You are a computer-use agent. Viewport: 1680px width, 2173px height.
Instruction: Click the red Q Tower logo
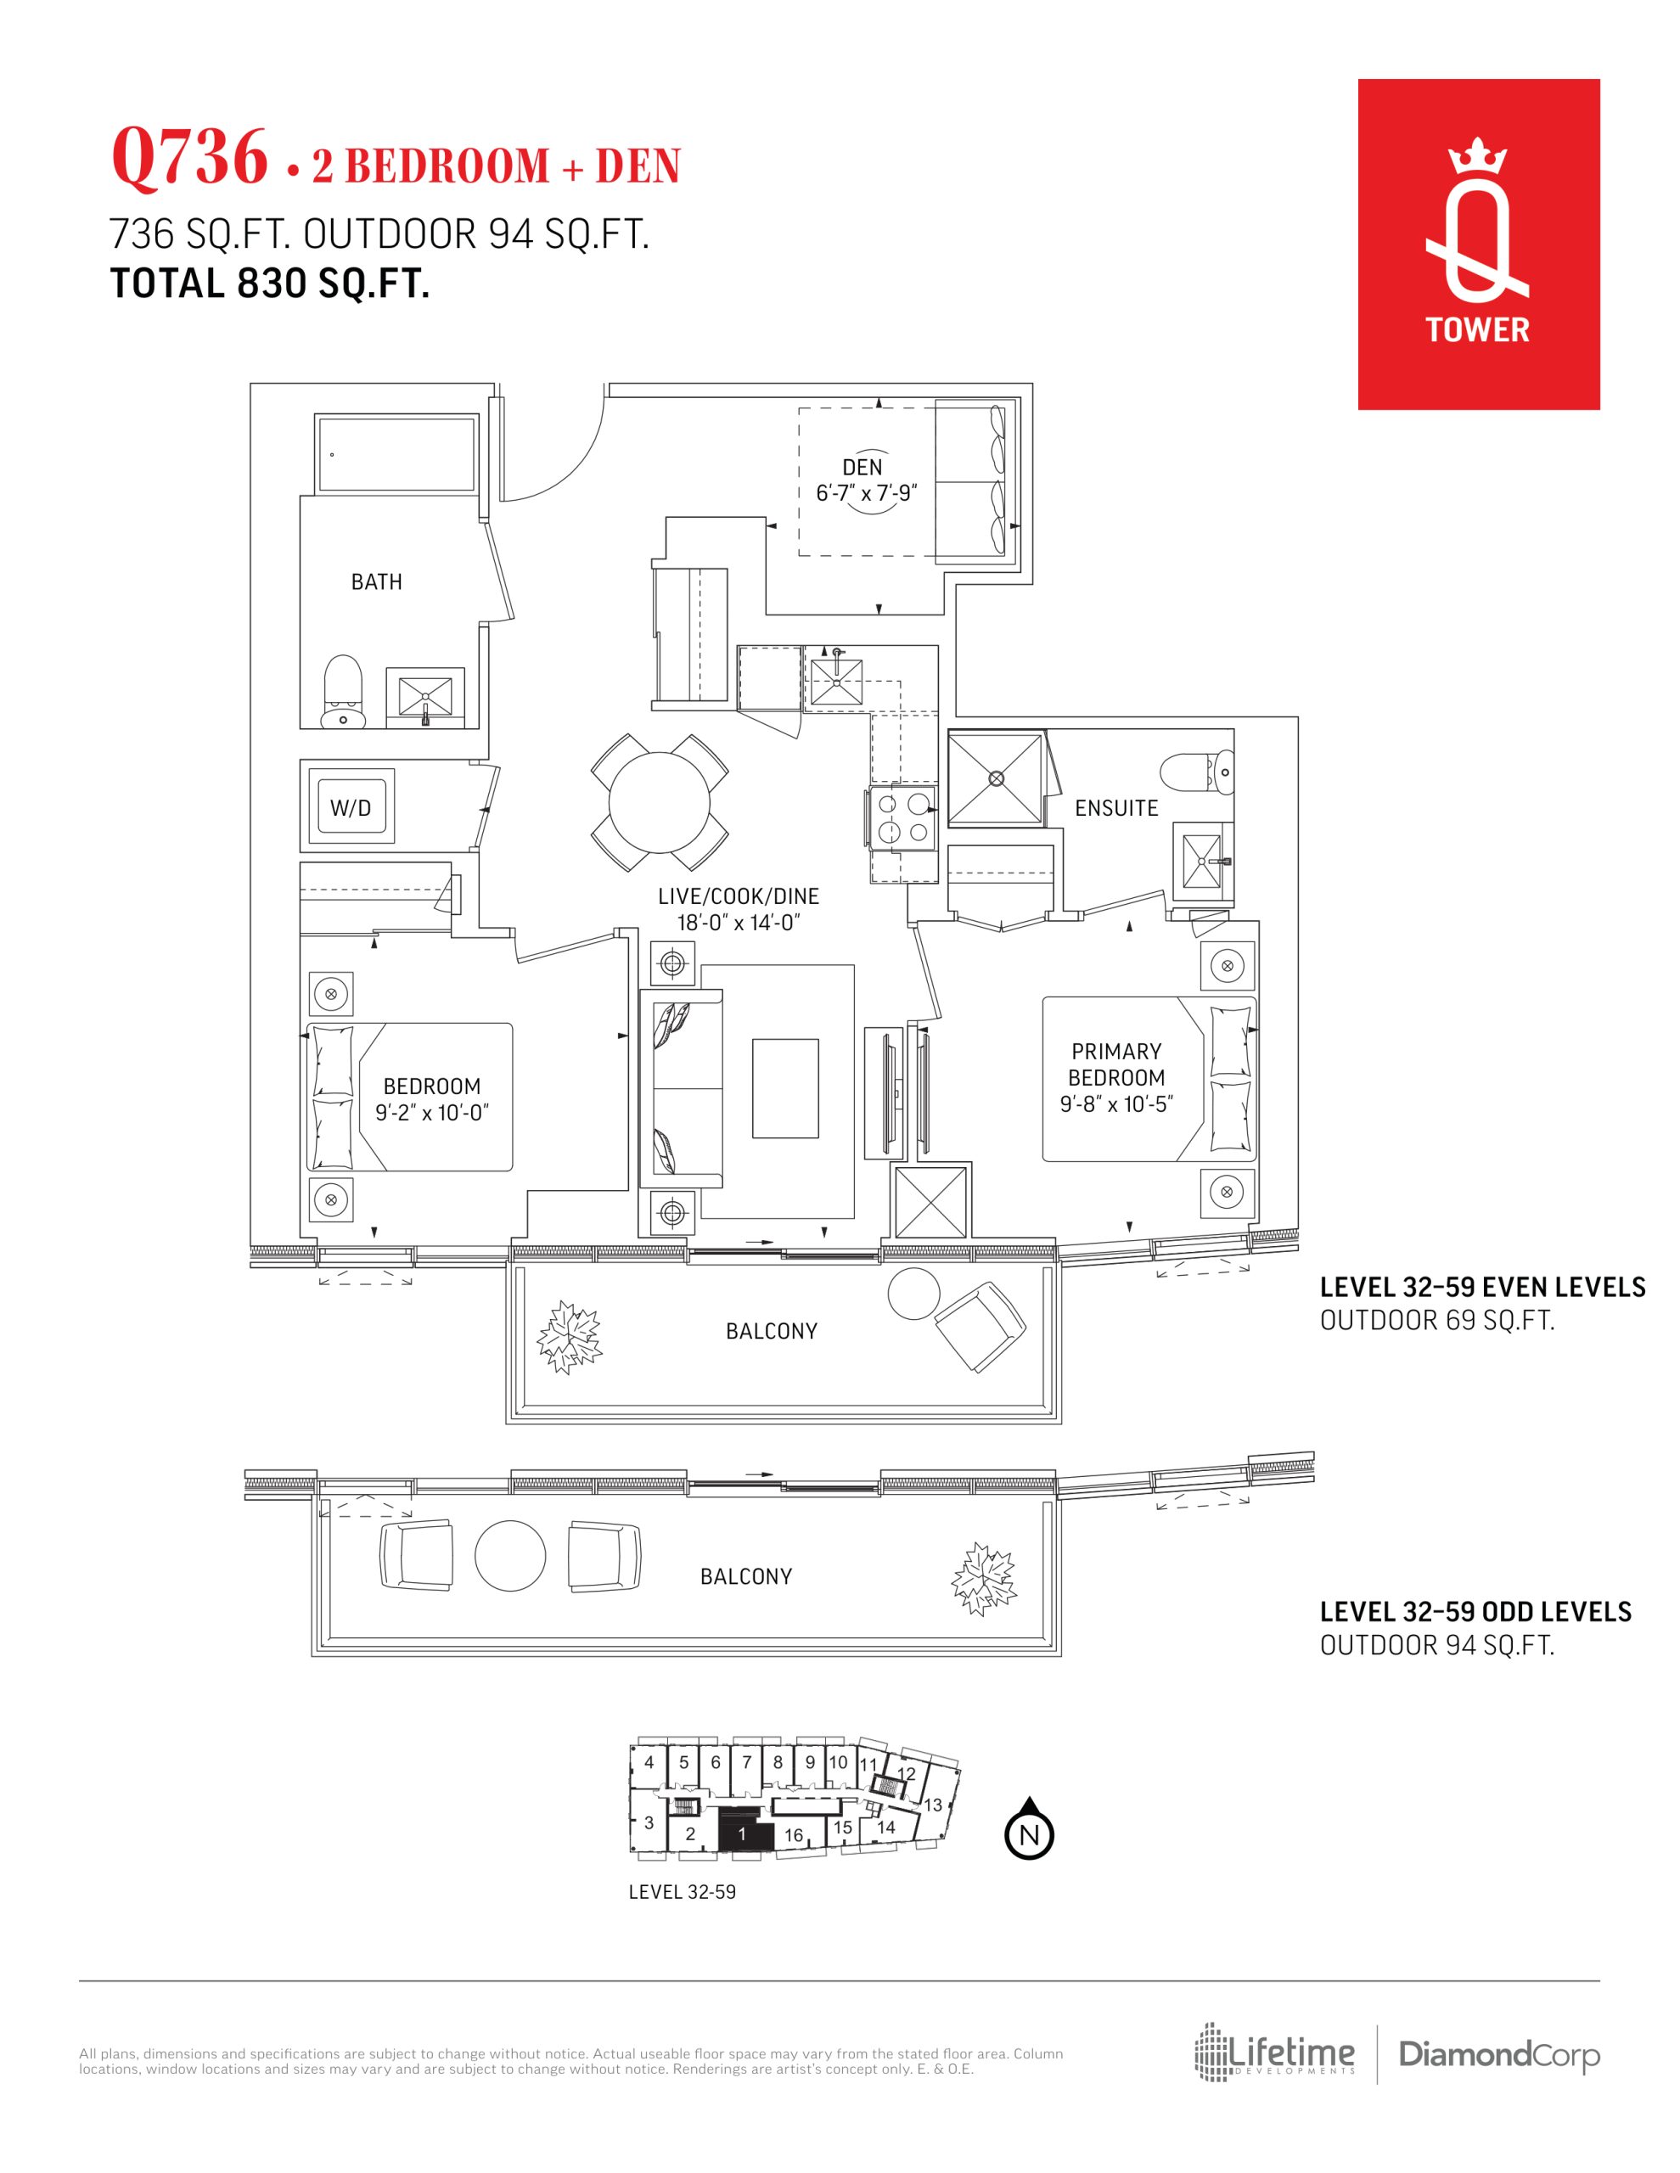pyautogui.click(x=1478, y=244)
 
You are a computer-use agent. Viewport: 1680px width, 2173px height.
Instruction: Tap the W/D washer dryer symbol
pyautogui.click(x=351, y=807)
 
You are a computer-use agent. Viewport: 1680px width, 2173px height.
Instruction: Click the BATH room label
pyautogui.click(x=376, y=582)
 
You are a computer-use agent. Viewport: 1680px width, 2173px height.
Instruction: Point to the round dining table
pyautogui.click(x=660, y=802)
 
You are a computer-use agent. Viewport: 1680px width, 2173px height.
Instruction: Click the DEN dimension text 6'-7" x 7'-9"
pyautogui.click(x=866, y=492)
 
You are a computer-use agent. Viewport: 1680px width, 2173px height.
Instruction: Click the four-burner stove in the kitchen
pyautogui.click(x=902, y=818)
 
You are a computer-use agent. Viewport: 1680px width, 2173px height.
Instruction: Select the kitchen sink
pyautogui.click(x=836, y=681)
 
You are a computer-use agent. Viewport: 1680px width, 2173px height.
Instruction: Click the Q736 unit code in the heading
pyautogui.click(x=190, y=156)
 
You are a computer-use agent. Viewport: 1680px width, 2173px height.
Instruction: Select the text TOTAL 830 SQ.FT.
pyautogui.click(x=270, y=284)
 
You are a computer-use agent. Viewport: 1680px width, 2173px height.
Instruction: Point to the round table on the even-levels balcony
pyautogui.click(x=913, y=1294)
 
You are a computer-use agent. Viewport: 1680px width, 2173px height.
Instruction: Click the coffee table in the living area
pyautogui.click(x=785, y=1087)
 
